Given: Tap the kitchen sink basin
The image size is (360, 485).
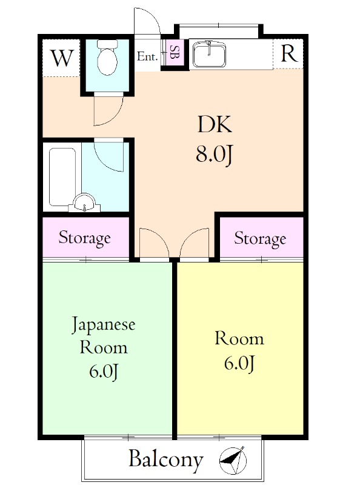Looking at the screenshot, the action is (209, 55).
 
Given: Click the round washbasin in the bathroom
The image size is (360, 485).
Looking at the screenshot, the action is (84, 203).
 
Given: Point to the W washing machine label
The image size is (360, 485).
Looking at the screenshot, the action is (62, 58).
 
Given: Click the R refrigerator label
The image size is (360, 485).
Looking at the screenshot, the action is (288, 53).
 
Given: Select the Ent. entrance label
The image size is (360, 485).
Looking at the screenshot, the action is (147, 56).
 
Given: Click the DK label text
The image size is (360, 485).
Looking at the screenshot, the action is (215, 124).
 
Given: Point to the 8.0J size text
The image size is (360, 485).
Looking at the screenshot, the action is (214, 155).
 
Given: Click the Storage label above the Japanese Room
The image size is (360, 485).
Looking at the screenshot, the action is (84, 238).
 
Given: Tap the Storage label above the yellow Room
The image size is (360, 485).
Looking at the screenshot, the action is (260, 238).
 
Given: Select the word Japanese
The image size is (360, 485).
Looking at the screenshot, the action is (103, 325).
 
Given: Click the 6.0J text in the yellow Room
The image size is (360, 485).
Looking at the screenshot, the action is (239, 363).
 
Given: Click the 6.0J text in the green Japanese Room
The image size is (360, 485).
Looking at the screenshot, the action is (104, 372).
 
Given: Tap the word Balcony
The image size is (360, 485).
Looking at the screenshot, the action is (166, 460).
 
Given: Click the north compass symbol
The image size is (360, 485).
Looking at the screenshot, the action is (233, 460).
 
